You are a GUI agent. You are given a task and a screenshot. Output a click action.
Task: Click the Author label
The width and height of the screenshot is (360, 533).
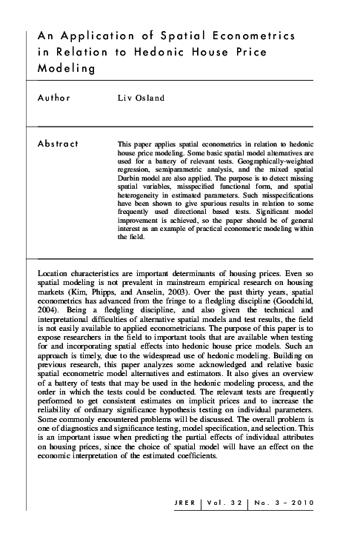click(x=53, y=98)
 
